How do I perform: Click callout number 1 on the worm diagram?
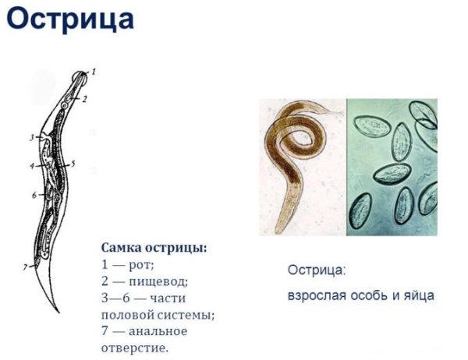coord(94,72)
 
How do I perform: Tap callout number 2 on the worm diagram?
coord(85,99)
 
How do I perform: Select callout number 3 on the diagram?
coord(32,138)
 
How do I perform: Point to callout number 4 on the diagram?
coord(32,166)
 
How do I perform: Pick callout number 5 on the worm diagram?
coord(72,164)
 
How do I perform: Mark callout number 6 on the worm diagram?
coord(34,195)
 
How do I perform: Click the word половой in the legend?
coord(128,315)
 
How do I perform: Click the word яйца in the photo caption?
coord(417,296)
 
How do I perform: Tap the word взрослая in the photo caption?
coord(315,296)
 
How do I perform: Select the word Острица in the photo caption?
coord(316,270)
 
